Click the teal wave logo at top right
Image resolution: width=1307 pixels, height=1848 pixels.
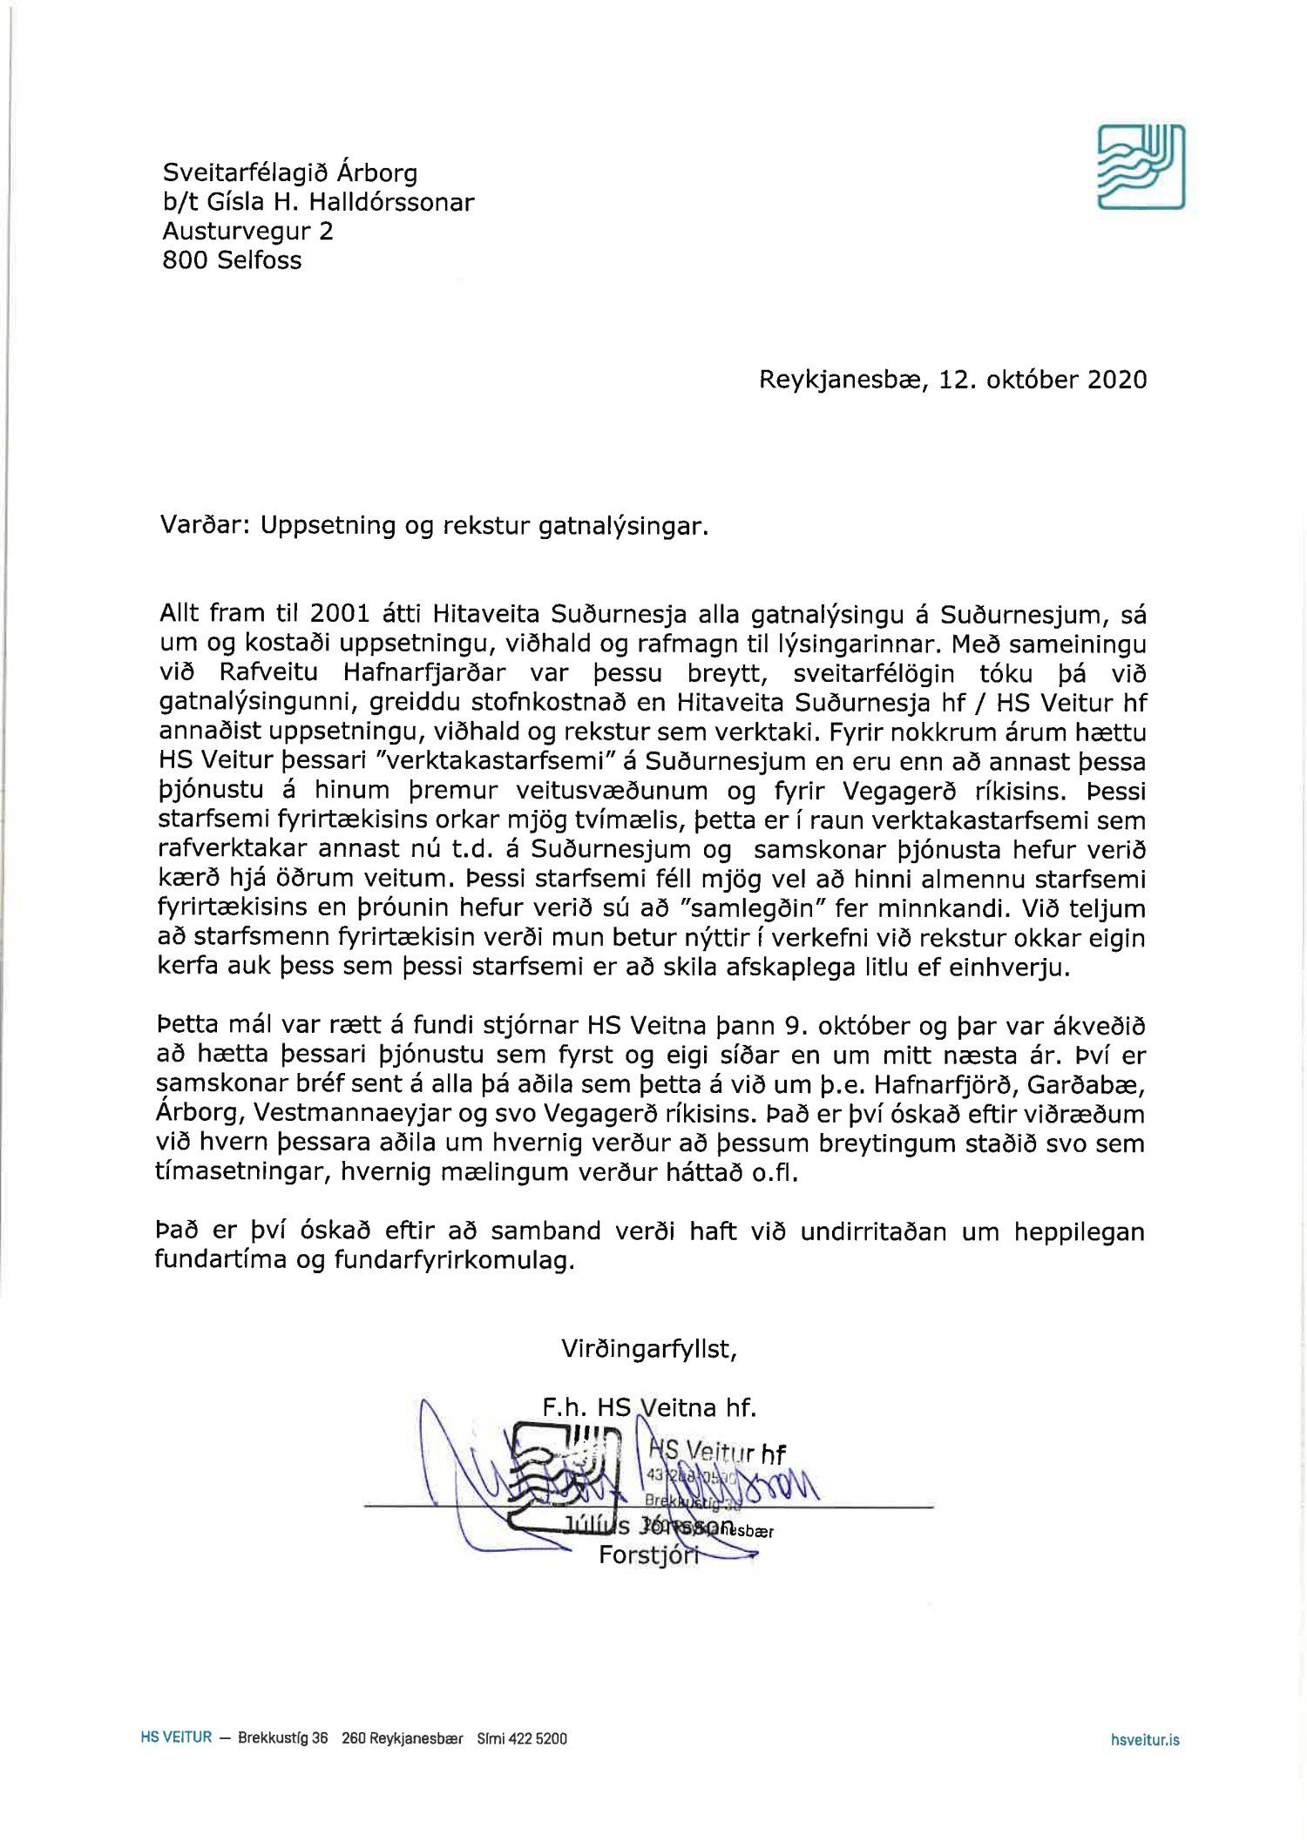pyautogui.click(x=1141, y=166)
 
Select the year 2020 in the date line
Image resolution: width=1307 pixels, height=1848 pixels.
pyautogui.click(x=1117, y=380)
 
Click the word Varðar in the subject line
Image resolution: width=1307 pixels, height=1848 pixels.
pyautogui.click(x=203, y=526)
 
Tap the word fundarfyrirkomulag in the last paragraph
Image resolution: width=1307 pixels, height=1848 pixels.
pyautogui.click(x=454, y=1260)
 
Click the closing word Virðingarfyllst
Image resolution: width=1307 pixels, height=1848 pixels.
pyautogui.click(x=649, y=1349)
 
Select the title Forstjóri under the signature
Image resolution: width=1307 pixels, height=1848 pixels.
pyautogui.click(x=649, y=1555)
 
